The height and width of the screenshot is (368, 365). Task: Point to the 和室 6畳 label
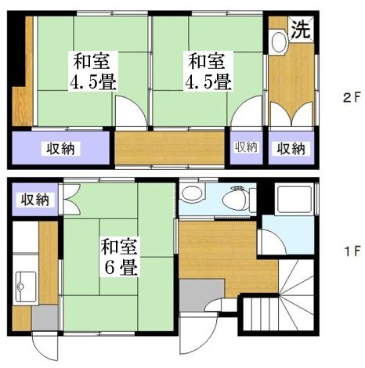(119, 257)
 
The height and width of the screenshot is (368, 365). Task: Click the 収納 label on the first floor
(34, 200)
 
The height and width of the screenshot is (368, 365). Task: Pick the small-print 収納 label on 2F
(245, 146)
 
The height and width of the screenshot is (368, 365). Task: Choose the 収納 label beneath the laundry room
(290, 148)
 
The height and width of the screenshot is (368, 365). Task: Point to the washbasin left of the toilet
(190, 196)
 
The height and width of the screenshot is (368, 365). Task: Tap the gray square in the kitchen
(45, 317)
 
